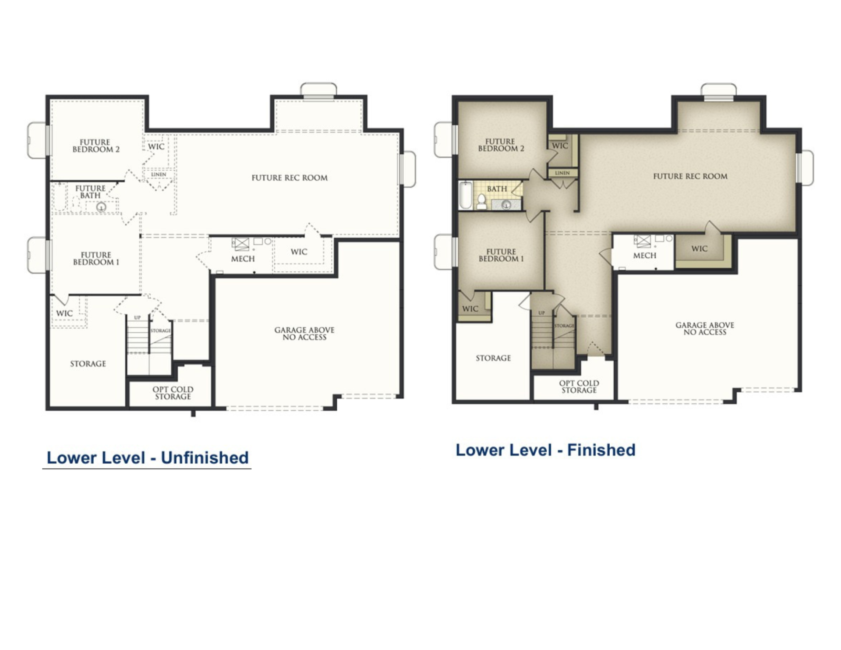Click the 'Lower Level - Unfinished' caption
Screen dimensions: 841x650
pos(148,458)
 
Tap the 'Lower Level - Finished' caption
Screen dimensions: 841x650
pos(545,450)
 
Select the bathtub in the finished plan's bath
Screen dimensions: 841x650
pos(466,195)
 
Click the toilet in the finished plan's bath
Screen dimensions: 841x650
pos(481,202)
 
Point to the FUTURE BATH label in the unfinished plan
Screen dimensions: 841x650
pos(90,192)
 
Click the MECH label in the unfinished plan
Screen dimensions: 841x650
pos(243,259)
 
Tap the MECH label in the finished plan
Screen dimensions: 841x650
pos(644,256)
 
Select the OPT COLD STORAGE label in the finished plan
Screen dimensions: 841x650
pos(579,387)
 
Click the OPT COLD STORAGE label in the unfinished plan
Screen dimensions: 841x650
pos(173,393)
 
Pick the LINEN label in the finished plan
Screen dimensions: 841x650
pos(562,173)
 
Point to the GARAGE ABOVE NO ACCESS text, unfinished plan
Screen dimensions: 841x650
pos(304,334)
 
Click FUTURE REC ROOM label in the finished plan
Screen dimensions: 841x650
pos(690,176)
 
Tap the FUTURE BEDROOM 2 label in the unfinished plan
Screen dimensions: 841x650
pos(95,146)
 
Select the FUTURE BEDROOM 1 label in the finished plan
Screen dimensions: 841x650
pos(501,255)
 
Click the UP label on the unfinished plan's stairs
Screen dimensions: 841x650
pos(138,318)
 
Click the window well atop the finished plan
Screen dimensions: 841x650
pos(718,92)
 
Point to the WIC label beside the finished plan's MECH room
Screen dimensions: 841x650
pos(699,249)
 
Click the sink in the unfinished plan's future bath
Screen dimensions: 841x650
pos(101,207)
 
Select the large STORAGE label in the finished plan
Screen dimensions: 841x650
pos(493,358)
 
